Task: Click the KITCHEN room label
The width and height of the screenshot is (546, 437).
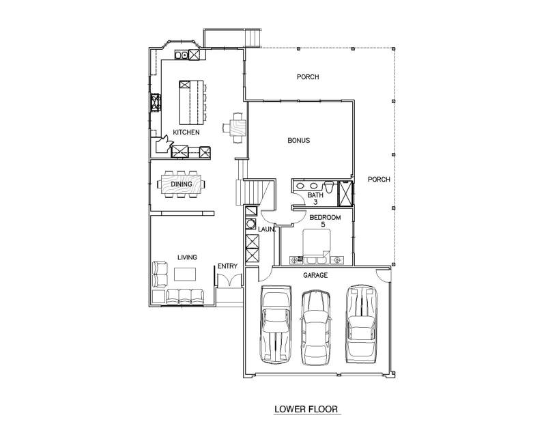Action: pos(186,132)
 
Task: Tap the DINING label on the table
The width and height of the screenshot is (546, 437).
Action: pos(182,184)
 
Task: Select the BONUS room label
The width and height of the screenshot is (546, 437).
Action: pos(299,141)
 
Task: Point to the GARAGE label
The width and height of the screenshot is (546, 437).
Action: pos(315,275)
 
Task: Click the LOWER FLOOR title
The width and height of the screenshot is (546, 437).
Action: pos(306,409)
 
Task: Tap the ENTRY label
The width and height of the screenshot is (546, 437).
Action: pos(228,266)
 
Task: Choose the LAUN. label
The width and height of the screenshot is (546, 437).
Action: pos(267,229)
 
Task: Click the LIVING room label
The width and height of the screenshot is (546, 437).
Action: pos(187,257)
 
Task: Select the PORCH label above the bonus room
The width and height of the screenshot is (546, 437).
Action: pos(308,76)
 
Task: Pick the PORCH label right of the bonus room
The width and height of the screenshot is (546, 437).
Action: pos(379,180)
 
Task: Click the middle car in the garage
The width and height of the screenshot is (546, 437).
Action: pos(315,328)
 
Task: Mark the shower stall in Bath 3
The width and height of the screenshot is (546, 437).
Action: pos(346,193)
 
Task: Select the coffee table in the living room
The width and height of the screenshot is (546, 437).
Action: pos(185,274)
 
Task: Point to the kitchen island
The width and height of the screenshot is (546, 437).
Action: pos(191,102)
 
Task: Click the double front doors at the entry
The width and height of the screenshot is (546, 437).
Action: pos(229,280)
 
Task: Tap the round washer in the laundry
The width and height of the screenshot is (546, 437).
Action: pos(250,224)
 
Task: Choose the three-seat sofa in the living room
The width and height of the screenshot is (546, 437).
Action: pos(184,296)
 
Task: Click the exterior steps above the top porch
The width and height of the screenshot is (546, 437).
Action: pos(253,38)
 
